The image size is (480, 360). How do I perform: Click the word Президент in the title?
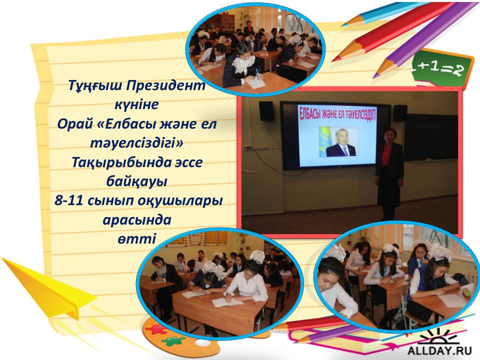[x=165, y=85]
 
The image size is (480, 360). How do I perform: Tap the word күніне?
[x=136, y=104]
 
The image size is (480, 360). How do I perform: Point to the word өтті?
[x=136, y=238]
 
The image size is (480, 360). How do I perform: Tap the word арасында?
[x=137, y=220]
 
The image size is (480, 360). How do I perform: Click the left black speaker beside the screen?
[x=266, y=111]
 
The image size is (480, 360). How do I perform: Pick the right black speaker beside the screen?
[x=400, y=112]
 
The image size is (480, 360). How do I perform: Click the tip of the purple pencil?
[x=374, y=77]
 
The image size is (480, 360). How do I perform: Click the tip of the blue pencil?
[x=342, y=25]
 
